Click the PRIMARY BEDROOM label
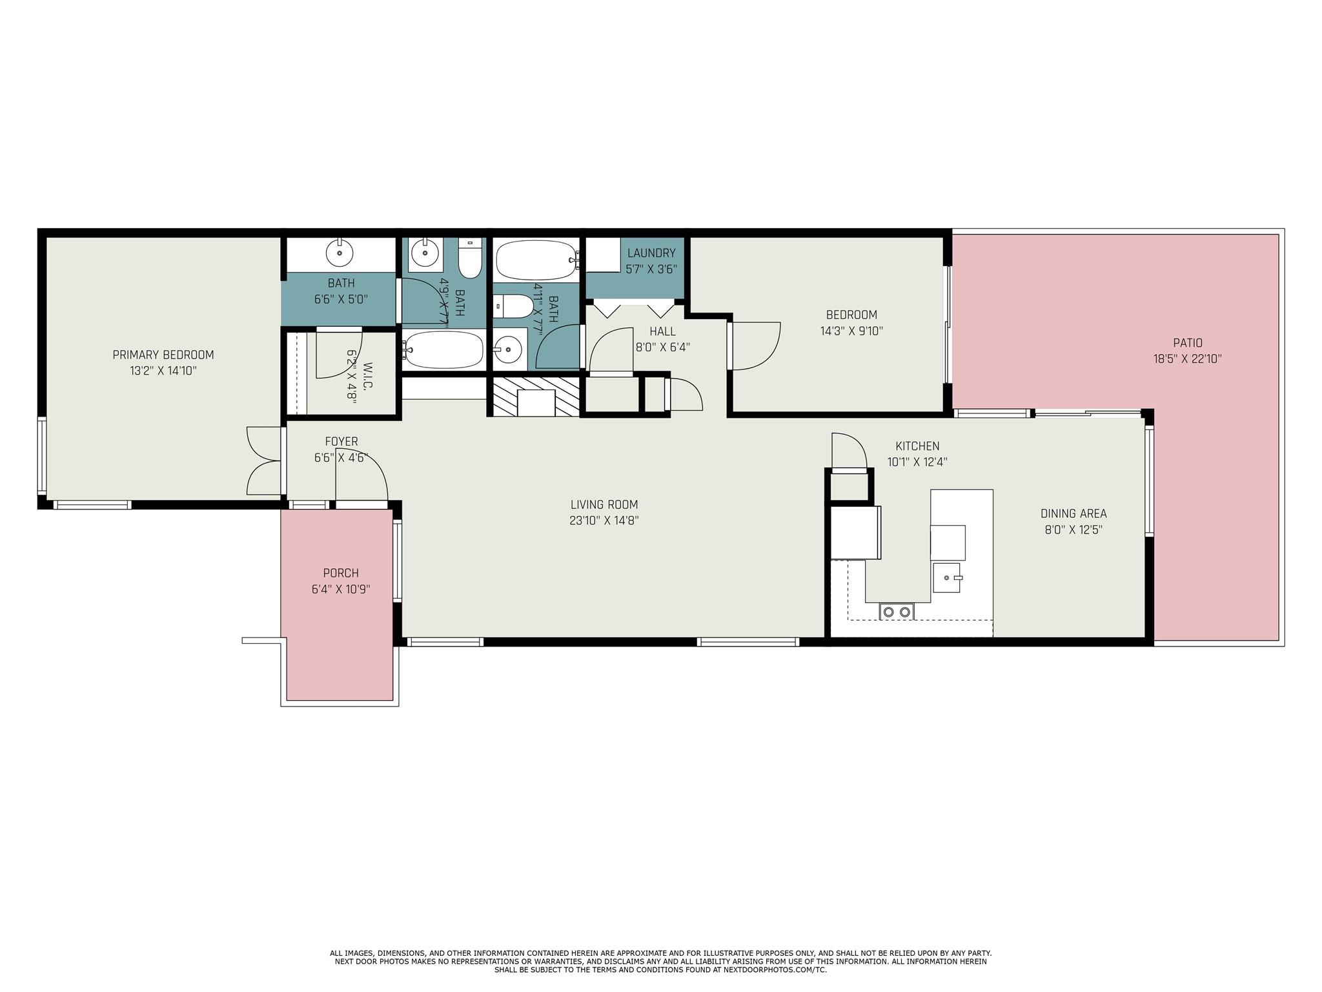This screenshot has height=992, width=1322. click(163, 355)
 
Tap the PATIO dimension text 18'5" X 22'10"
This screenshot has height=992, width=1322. click(1188, 359)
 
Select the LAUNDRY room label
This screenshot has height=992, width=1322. click(651, 253)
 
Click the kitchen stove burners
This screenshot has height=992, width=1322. click(897, 612)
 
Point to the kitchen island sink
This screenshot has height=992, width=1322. click(947, 577)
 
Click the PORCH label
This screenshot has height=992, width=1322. click(341, 573)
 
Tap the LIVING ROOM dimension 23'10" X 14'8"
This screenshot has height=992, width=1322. click(604, 521)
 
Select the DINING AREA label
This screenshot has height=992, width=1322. click(1073, 514)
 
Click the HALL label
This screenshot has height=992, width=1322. click(663, 331)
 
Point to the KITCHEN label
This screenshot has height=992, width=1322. click(917, 446)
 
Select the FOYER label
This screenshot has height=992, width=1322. click(341, 442)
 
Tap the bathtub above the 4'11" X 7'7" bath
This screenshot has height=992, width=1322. click(536, 260)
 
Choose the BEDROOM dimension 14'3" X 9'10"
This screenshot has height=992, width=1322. click(851, 331)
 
